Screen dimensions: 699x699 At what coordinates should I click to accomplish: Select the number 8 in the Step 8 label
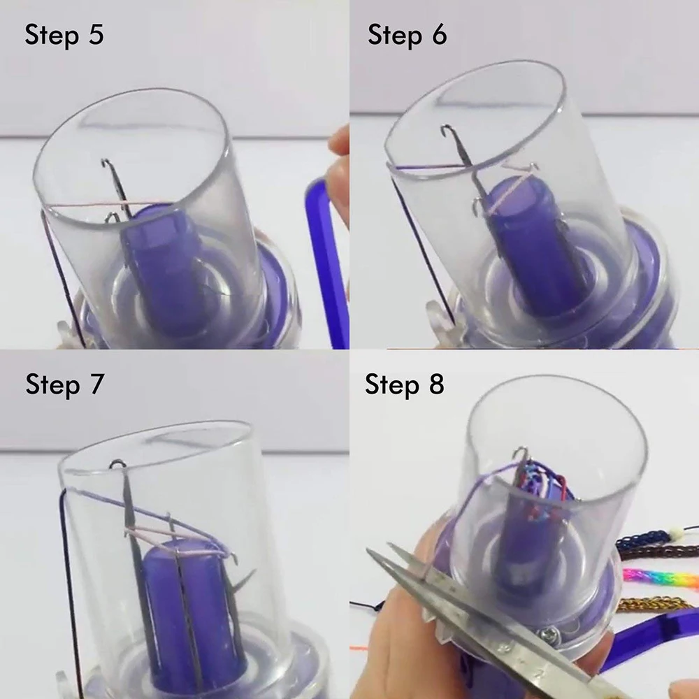tap(437, 384)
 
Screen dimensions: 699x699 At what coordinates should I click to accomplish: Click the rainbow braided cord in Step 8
tap(661, 578)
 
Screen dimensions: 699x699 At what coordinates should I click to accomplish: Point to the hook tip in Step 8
tap(519, 452)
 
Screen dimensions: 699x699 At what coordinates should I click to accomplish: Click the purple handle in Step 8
tap(651, 637)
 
